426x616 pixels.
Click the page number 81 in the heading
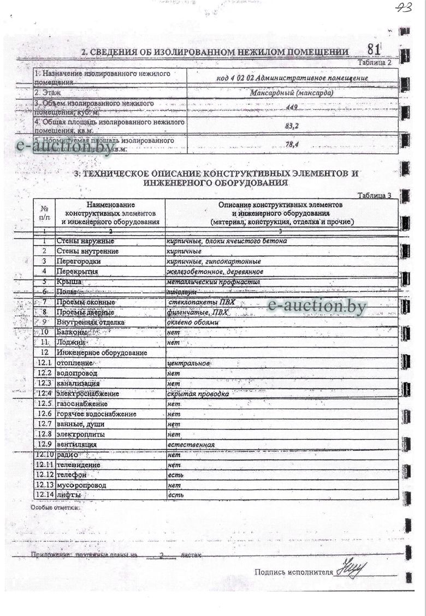(374, 49)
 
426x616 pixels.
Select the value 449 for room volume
(291, 107)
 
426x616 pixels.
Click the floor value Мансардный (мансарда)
(292, 92)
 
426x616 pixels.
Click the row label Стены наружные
(85, 241)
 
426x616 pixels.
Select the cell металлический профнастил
(213, 282)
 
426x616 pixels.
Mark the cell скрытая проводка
(198, 393)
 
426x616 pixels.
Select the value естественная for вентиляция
(191, 445)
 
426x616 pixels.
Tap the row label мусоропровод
(81, 485)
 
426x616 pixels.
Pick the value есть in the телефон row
(175, 475)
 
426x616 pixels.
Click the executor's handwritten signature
(352, 569)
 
